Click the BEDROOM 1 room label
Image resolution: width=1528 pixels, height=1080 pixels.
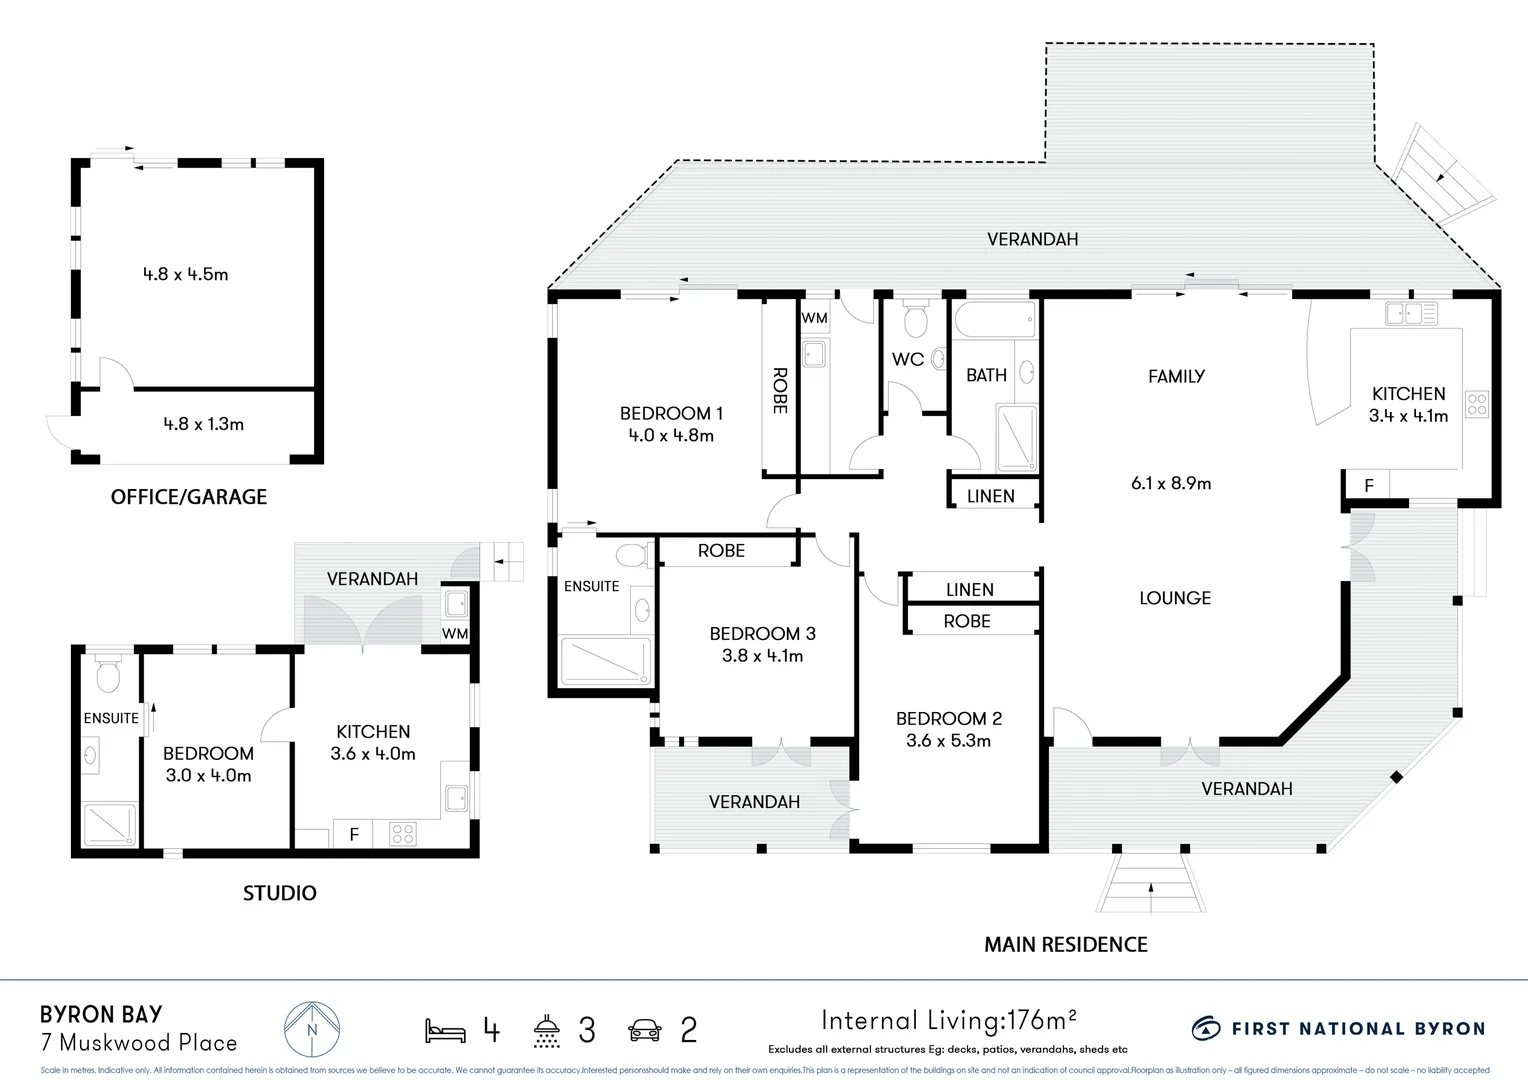point(670,413)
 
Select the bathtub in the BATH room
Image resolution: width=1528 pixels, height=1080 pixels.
point(994,322)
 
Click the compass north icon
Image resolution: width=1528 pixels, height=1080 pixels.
point(311,1029)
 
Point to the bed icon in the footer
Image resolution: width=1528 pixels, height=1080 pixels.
point(445,1030)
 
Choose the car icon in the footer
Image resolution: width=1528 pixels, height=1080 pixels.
point(645,1030)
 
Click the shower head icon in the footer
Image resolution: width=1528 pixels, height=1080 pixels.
point(546,1030)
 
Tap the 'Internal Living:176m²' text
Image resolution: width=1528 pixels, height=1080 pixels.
point(948,1020)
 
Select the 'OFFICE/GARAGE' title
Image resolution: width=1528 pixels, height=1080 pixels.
point(189,497)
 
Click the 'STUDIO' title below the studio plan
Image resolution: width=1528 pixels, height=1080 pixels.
point(279,893)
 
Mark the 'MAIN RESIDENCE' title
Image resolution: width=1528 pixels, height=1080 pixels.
point(1065,944)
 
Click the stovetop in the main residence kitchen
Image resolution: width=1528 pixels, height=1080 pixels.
point(1476,405)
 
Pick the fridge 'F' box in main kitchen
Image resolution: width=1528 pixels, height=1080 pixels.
point(1368,486)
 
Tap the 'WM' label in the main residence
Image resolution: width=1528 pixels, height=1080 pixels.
point(814,318)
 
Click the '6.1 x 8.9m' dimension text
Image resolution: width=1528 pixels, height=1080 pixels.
point(1170,483)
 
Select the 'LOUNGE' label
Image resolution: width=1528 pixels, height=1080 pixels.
point(1174,598)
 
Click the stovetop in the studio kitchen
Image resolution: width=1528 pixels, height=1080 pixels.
point(403,834)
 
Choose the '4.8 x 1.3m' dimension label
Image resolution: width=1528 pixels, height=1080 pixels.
point(203,424)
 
